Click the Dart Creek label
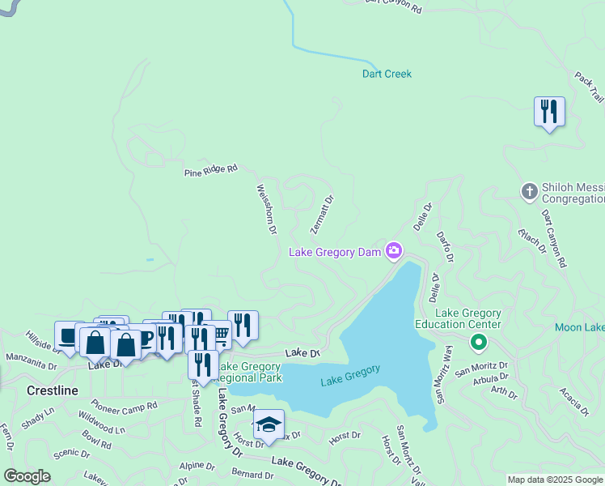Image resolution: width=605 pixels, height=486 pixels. point(386,75)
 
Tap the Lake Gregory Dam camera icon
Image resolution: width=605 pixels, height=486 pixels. point(394,250)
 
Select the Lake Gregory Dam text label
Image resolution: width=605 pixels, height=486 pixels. point(335,253)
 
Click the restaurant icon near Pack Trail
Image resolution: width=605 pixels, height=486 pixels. point(549,111)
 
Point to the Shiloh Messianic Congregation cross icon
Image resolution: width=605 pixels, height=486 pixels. point(530,192)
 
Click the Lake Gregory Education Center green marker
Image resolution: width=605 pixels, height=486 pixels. point(479,343)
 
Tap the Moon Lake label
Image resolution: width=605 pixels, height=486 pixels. point(579,328)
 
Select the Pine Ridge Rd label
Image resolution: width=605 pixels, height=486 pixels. point(210,170)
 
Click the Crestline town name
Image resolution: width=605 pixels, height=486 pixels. point(52,390)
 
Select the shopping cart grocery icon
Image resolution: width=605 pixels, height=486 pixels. point(218,333)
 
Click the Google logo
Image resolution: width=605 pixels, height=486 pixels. point(27,476)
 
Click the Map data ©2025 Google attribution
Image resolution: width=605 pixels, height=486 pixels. point(556,480)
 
